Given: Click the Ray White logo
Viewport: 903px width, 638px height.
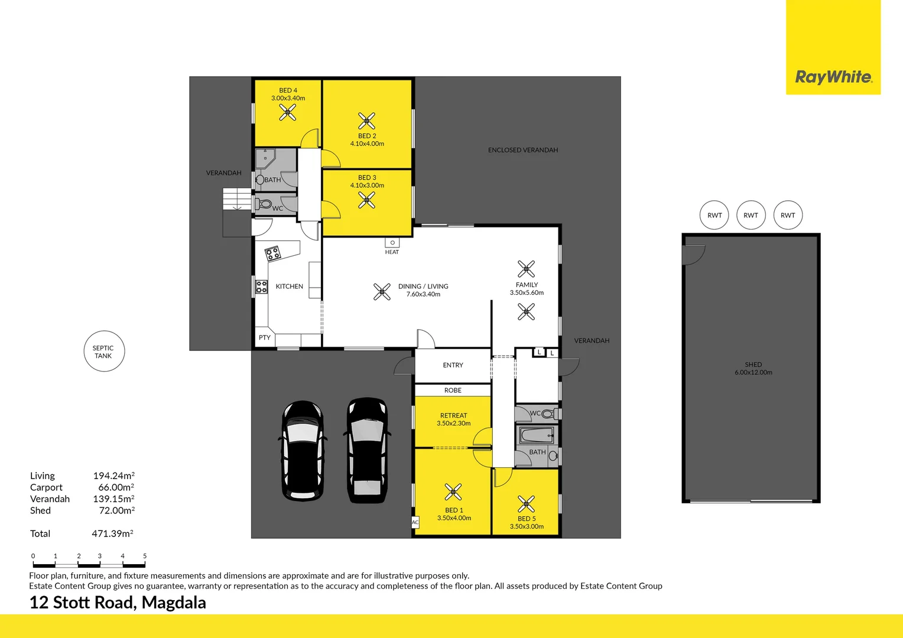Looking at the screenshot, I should tap(833, 77).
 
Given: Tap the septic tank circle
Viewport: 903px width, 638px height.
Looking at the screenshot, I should tap(104, 351).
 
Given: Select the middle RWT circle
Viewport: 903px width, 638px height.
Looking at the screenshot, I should tap(751, 215).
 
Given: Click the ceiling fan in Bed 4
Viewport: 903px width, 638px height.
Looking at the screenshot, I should tap(288, 112).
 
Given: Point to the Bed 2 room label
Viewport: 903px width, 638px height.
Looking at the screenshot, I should tap(367, 136).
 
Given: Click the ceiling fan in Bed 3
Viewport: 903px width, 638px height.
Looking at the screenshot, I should tap(367, 201).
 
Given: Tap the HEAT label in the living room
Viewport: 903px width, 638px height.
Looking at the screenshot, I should tap(392, 252).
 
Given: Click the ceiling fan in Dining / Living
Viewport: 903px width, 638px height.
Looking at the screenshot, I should tap(382, 291).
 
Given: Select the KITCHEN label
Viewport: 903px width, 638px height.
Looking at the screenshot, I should tap(290, 287).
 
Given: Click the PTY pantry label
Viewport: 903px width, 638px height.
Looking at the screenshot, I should tap(264, 338).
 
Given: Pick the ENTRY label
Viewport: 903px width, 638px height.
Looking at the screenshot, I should tap(453, 365).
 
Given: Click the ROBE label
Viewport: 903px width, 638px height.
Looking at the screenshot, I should tap(453, 390).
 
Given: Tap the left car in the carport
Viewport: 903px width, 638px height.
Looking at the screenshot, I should tap(303, 450).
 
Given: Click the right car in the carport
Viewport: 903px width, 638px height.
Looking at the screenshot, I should tap(366, 450).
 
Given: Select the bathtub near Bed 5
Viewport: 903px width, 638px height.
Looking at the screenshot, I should tap(537, 436).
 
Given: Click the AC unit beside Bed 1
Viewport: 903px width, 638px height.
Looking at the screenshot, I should tap(415, 522).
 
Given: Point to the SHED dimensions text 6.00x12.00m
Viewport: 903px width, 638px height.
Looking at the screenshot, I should tap(753, 372).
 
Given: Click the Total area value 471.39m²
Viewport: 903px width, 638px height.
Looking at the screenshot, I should tap(112, 533).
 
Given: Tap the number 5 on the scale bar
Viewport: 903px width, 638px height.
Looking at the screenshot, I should tap(145, 556).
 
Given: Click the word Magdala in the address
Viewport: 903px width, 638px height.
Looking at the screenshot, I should tap(174, 603).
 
